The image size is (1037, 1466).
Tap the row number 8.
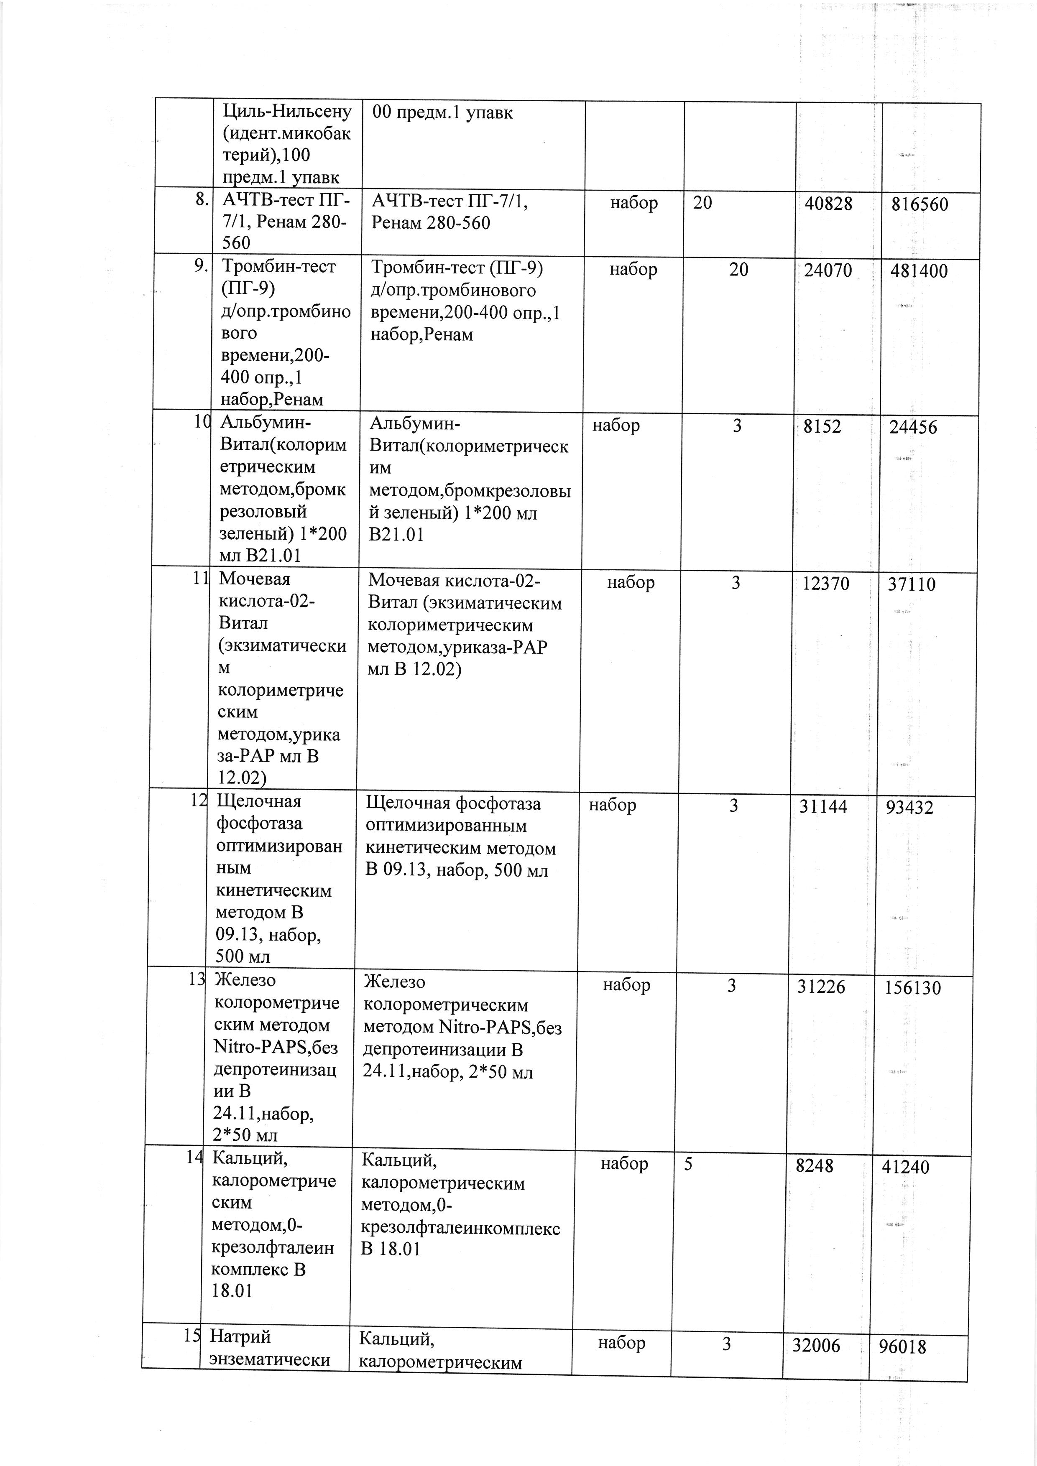point(202,200)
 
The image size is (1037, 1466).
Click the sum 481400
point(919,271)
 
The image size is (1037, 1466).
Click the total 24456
point(913,427)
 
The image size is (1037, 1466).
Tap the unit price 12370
point(826,583)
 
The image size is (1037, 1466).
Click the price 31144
point(823,806)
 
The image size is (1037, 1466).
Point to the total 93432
point(909,808)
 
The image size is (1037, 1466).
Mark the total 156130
point(912,988)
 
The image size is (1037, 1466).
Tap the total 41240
point(905,1167)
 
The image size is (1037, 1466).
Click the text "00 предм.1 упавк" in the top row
point(442,113)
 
